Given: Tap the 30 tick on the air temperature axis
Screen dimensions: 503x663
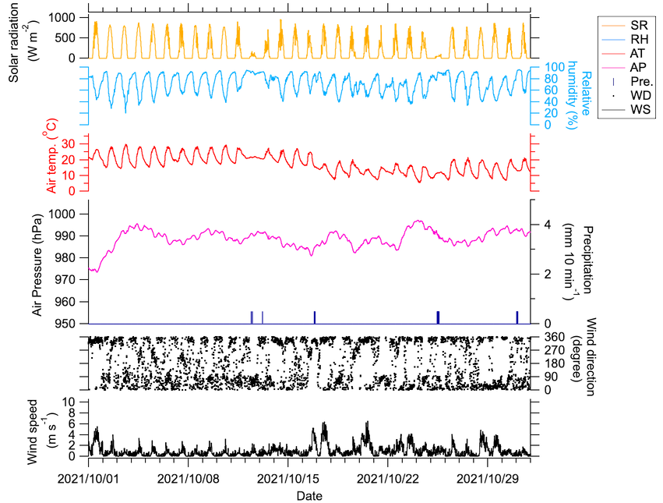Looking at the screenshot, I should coord(66,143).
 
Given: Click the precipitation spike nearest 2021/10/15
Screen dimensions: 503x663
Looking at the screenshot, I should coord(314,316).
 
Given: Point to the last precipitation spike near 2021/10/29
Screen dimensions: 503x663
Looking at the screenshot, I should coord(516,316).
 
